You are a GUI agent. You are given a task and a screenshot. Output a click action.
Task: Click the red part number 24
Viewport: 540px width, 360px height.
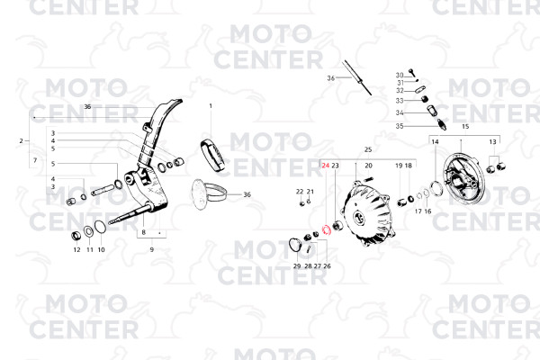[326, 166]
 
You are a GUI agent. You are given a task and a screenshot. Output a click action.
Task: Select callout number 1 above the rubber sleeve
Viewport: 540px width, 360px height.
[211, 106]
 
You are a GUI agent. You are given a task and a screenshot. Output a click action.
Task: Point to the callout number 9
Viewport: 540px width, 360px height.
[151, 247]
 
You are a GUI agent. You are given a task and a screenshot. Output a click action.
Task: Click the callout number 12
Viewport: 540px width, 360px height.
[76, 249]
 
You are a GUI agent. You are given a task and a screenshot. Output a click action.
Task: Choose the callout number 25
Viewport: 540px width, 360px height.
[367, 148]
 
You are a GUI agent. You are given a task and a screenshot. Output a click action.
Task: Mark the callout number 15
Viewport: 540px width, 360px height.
[465, 127]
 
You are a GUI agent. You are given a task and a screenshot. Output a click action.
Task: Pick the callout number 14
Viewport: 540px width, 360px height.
[435, 141]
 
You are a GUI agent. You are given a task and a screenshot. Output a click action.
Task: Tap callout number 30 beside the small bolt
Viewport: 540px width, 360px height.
[400, 75]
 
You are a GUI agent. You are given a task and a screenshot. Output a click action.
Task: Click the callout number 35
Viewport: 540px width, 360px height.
[400, 126]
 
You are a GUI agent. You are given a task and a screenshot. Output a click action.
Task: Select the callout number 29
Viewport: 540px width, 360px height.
[296, 266]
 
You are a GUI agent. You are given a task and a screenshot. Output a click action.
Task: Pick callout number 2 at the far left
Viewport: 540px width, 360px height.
[21, 141]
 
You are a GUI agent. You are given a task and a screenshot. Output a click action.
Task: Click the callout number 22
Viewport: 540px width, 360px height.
[300, 192]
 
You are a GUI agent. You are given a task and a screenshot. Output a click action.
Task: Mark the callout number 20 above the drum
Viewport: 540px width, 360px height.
[368, 166]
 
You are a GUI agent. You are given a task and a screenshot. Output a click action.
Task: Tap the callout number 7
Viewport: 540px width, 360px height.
[34, 160]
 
